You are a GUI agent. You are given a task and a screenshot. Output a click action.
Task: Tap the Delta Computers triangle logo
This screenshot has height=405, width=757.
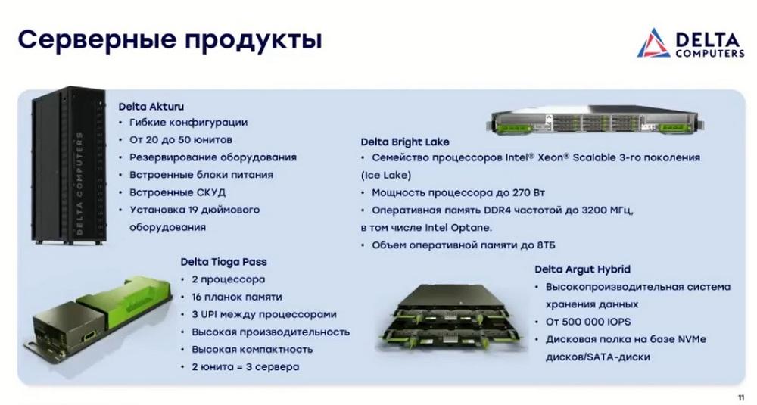click(x=654, y=43)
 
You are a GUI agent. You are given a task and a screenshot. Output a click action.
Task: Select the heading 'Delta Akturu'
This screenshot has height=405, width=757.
click(x=151, y=106)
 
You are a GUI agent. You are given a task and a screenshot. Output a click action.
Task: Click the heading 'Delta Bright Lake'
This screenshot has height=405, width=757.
click(x=404, y=142)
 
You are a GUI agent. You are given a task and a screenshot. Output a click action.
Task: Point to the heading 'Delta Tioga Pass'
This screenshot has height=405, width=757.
click(x=223, y=262)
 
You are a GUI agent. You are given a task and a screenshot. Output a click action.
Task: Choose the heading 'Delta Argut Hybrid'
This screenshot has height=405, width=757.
click(x=582, y=269)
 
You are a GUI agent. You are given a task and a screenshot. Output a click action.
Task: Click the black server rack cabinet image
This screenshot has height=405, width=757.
click(x=69, y=165)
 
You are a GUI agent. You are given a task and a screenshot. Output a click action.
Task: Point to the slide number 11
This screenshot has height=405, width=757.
click(x=741, y=397)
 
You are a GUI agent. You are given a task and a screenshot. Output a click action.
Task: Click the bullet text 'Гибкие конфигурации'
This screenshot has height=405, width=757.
click(x=188, y=123)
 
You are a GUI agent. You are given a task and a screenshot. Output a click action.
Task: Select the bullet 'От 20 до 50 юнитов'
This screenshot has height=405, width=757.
click(x=181, y=140)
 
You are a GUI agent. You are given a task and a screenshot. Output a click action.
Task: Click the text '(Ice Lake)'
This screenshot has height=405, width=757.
click(x=386, y=175)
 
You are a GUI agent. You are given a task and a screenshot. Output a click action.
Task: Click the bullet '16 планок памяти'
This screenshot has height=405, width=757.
click(x=236, y=297)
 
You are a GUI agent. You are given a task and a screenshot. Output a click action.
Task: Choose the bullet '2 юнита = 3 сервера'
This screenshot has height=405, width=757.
click(x=245, y=367)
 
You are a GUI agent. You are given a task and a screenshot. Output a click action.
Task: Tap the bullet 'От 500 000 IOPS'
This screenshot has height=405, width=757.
click(x=588, y=322)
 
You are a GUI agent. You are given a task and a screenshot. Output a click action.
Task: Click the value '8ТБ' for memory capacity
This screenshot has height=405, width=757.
click(x=546, y=245)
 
